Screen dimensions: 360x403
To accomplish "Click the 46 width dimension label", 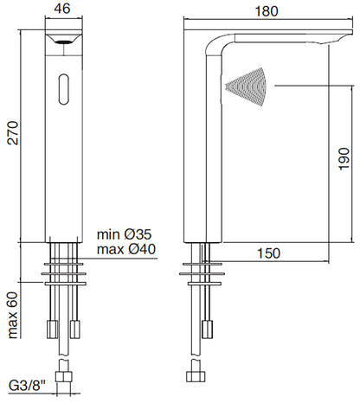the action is pyautogui.click(x=62, y=8).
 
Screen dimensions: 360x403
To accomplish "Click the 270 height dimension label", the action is pyautogui.click(x=13, y=133).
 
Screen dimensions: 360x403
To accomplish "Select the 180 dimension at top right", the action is pyautogui.click(x=267, y=11).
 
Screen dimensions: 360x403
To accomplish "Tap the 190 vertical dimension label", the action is pyautogui.click(x=344, y=159).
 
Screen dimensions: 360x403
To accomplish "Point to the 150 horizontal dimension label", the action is pyautogui.click(x=268, y=253).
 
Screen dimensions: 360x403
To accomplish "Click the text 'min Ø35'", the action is pyautogui.click(x=124, y=234).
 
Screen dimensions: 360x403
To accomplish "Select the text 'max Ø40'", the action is pyautogui.click(x=126, y=249).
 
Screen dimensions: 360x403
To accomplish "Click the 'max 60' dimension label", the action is pyautogui.click(x=13, y=316).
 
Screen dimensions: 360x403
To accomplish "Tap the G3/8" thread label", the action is pyautogui.click(x=28, y=385).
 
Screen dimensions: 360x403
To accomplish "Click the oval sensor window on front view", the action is pyautogui.click(x=64, y=89).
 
